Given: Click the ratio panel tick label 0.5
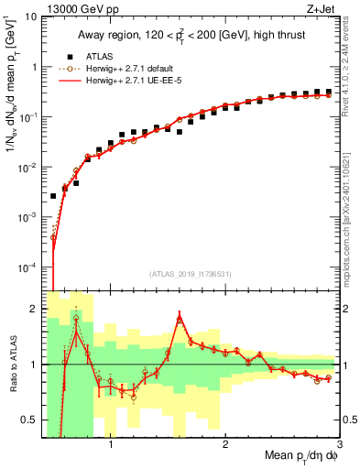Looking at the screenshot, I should (x=28, y=420).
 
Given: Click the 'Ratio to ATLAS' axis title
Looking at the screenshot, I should (x=12, y=364).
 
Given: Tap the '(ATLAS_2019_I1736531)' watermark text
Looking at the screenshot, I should (x=191, y=275).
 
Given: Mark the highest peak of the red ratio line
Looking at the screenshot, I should (x=180, y=316).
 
